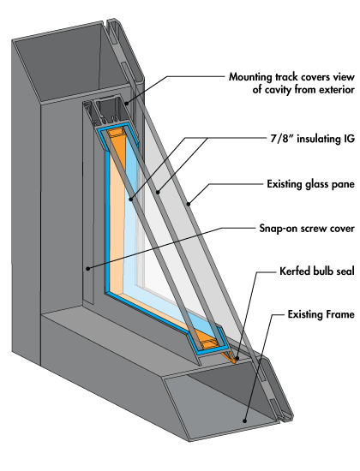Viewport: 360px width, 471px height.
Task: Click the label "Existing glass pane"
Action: coord(310,184)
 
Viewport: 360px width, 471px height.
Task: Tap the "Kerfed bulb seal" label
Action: coord(316,271)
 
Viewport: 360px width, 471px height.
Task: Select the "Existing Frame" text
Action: coord(321,314)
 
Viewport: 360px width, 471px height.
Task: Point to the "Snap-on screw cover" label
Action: coord(307,229)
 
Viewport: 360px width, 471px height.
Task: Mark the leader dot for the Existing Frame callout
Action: coord(245,421)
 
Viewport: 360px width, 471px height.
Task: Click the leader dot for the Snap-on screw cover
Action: coord(87,268)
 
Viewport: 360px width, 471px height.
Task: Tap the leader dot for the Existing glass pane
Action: coord(189,205)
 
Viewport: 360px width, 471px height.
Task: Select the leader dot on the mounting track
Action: coord(127,104)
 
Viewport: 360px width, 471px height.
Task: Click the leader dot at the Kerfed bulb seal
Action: coord(237,358)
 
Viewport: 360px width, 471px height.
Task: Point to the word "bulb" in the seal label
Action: coord(322,271)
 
